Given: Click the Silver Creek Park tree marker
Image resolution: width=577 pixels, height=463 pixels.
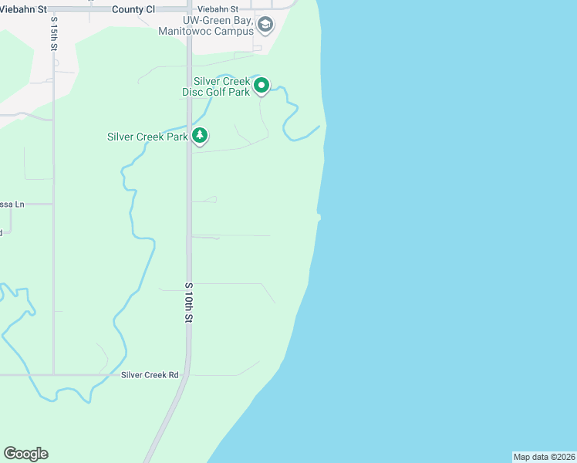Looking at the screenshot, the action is [x=200, y=136].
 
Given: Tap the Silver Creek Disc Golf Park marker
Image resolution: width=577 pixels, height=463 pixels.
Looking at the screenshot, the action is [x=262, y=85].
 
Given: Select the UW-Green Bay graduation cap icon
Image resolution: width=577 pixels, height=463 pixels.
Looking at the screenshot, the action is [x=265, y=25].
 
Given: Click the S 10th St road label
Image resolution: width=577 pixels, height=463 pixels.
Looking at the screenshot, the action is [x=188, y=302].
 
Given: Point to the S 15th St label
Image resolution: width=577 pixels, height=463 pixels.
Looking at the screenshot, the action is [x=54, y=35].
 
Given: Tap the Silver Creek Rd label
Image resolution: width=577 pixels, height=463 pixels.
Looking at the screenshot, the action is [x=150, y=375].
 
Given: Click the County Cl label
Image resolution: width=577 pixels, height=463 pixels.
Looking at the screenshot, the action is [x=133, y=8].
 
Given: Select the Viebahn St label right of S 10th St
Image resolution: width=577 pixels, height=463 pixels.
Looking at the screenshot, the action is [x=218, y=8].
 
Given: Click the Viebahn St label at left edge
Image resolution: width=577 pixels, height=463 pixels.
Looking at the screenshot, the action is [x=23, y=8].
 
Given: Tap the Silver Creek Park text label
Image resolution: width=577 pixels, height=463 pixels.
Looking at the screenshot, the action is [x=147, y=137].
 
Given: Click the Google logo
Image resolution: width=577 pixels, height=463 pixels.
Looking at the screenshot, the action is [x=25, y=454].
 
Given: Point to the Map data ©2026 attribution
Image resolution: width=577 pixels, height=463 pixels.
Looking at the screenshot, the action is [x=544, y=457].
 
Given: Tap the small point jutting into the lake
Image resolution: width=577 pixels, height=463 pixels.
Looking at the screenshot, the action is [x=318, y=217].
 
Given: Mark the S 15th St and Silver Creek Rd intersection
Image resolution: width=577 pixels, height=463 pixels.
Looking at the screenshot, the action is [x=53, y=375].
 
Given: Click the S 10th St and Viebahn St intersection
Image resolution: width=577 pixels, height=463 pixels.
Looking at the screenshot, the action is [x=189, y=8].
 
